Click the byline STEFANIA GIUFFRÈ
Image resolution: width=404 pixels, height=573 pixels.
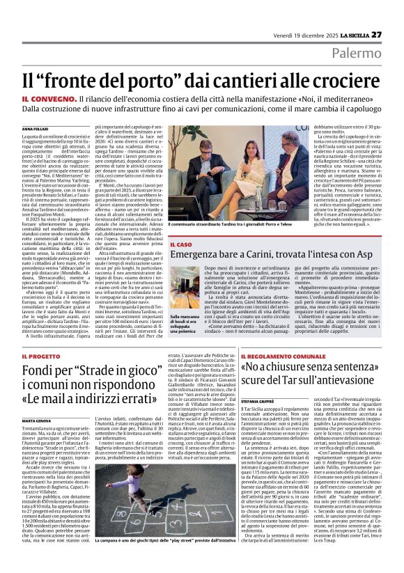(257, 401)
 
